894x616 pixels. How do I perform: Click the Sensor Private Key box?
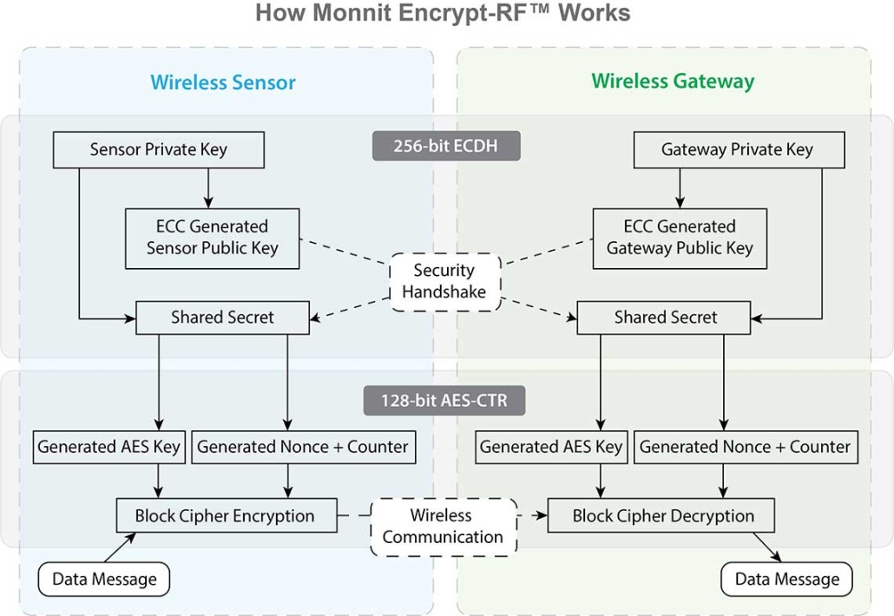(x=159, y=149)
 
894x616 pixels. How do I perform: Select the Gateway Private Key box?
(x=737, y=149)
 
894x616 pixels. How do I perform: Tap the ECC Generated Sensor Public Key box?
(x=212, y=237)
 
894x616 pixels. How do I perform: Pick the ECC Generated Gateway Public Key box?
(x=680, y=237)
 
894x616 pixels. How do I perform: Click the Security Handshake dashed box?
(x=444, y=281)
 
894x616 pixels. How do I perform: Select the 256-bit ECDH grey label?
(x=445, y=145)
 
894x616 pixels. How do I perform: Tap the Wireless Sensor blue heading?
(x=223, y=82)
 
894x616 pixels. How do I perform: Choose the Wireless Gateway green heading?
(x=673, y=82)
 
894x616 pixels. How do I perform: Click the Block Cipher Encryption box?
(x=225, y=515)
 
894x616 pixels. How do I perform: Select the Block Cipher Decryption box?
(x=662, y=515)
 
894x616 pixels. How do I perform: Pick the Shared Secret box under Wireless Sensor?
(x=222, y=318)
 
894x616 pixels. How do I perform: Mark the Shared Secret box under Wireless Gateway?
(x=665, y=318)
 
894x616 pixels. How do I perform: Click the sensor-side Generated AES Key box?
(x=109, y=447)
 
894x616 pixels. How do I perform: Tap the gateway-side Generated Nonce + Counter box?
(x=745, y=447)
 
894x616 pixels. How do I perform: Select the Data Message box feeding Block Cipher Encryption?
(x=105, y=579)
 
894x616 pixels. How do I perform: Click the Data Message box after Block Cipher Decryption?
(x=786, y=579)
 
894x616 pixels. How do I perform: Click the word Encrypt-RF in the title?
(x=484, y=14)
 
